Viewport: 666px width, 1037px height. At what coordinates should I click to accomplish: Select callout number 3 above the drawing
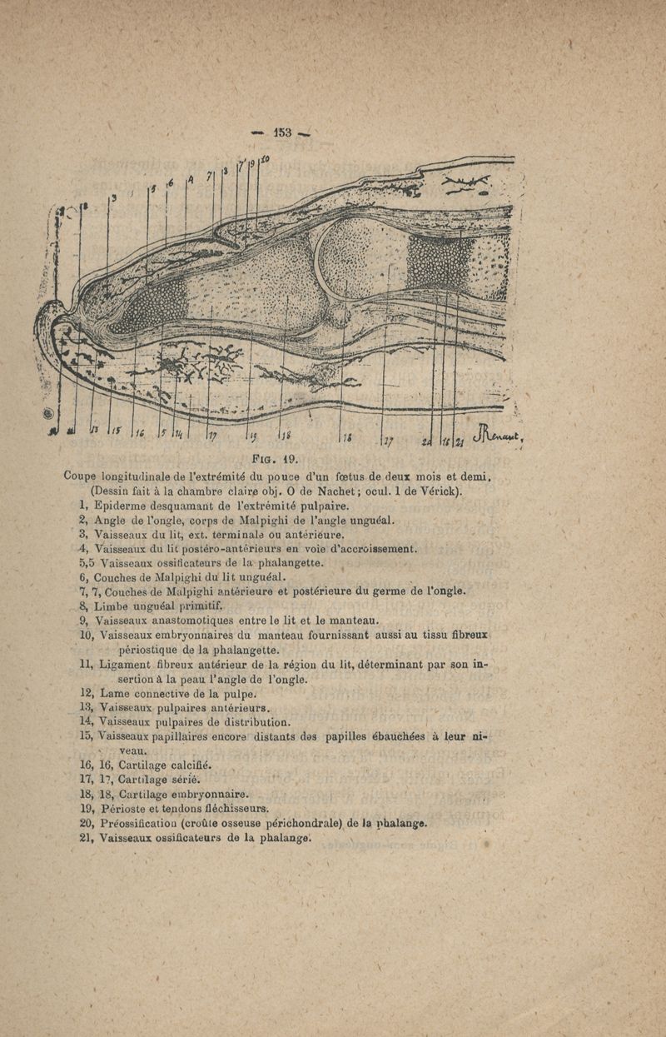(114, 197)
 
